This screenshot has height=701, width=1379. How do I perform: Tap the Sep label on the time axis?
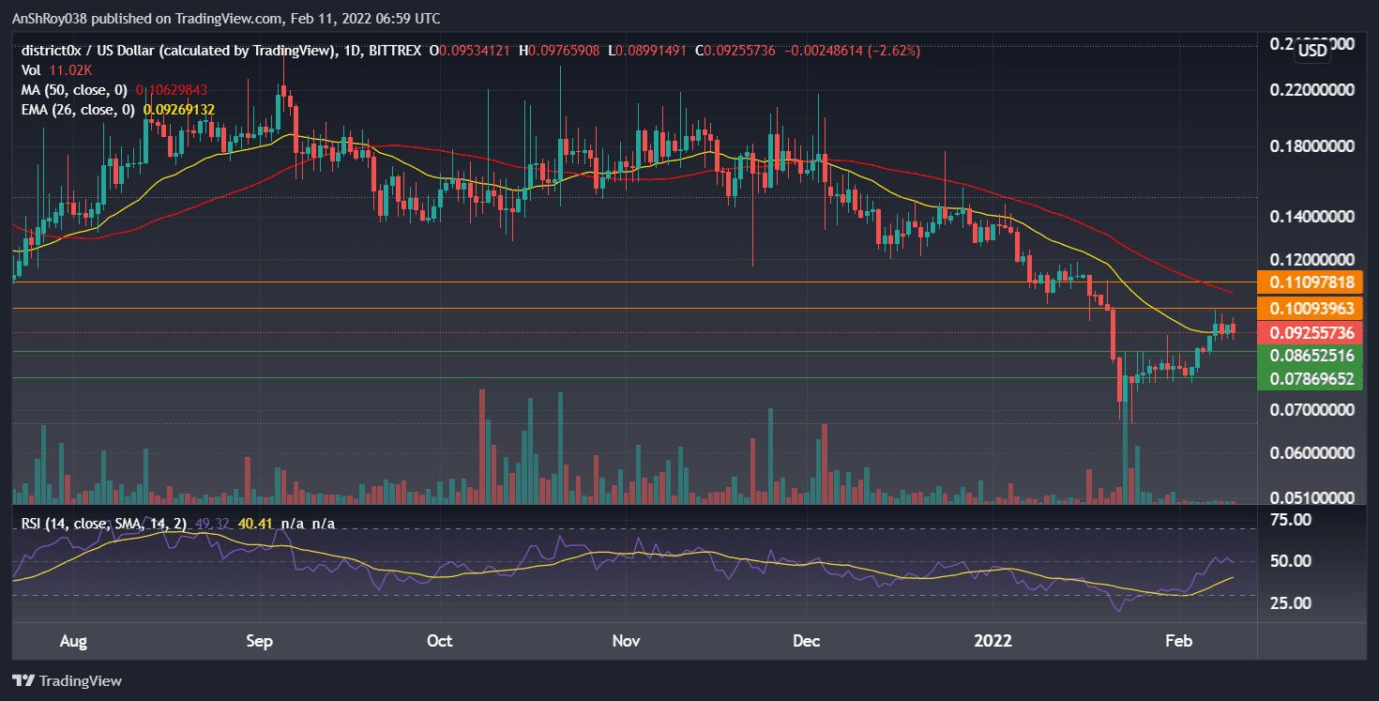tap(259, 641)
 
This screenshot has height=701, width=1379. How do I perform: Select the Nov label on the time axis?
tap(626, 641)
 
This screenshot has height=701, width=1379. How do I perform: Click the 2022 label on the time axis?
tap(993, 641)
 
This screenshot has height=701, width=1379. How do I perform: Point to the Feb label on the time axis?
tap(1178, 641)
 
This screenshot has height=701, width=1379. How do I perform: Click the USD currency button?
tap(1311, 52)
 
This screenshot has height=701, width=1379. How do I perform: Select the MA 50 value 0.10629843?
tap(172, 90)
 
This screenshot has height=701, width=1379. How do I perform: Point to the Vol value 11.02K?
tap(67, 69)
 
